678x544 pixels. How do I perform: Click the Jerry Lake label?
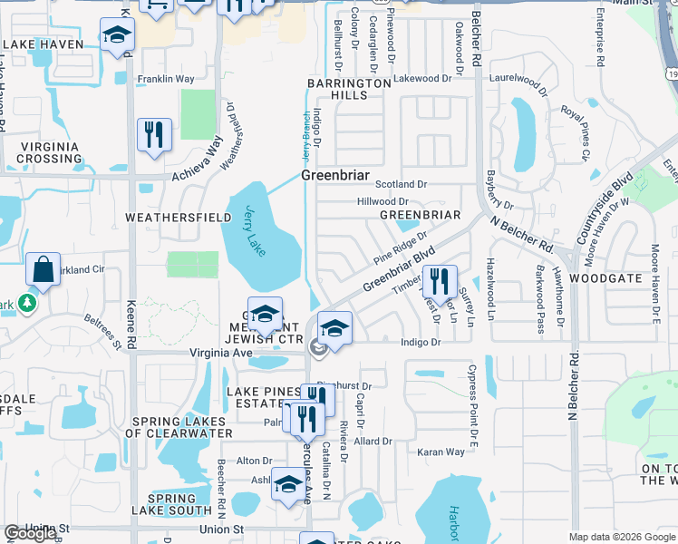pyautogui.click(x=256, y=230)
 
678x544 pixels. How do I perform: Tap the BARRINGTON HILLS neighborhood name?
pyautogui.click(x=348, y=89)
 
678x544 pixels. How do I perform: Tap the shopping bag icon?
pyautogui.click(x=43, y=269)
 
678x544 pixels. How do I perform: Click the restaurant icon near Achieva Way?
pyautogui.click(x=153, y=135)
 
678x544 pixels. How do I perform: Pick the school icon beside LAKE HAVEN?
pyautogui.click(x=116, y=38)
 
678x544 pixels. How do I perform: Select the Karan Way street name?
pyautogui.click(x=441, y=452)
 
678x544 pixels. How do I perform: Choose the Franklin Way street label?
pyautogui.click(x=166, y=79)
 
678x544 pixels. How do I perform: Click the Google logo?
pyautogui.click(x=30, y=533)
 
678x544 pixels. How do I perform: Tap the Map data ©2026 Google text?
pyautogui.click(x=621, y=537)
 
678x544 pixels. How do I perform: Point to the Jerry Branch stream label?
pyautogui.click(x=305, y=141)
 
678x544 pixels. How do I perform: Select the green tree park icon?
pyautogui.click(x=27, y=302)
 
